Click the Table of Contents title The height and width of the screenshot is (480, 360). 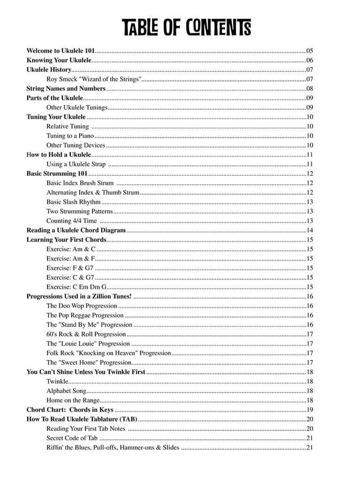coord(187,28)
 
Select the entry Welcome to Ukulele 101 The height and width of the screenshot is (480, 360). coord(61,51)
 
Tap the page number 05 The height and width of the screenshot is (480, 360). coord(310,51)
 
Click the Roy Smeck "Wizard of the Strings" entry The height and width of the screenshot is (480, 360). coord(94,79)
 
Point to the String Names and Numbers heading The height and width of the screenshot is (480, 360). coord(66,89)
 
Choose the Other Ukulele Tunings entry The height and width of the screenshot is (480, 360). coord(77,107)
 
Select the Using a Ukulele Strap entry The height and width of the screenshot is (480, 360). coord(76,164)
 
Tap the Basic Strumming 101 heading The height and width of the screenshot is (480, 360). coord(57,173)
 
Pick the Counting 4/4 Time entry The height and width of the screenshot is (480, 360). coord(72,221)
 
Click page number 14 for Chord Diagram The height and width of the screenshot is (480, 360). coord(310,230)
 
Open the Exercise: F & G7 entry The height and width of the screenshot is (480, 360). coord(69,268)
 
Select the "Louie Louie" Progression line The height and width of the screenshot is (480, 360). coord(88,344)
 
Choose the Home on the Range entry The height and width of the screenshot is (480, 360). coord(73,400)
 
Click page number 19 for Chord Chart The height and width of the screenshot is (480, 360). coord(310,410)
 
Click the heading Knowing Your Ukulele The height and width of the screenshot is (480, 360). coord(59,60)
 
